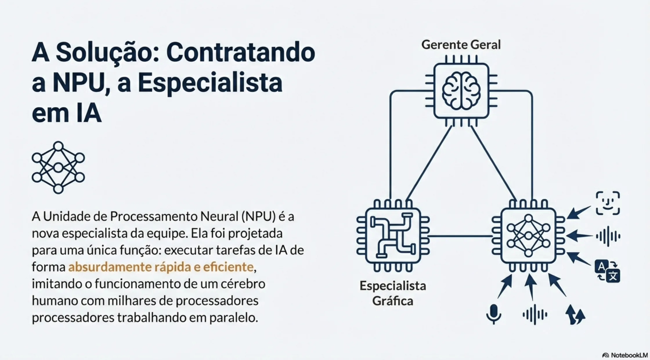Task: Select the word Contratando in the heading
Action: click(x=241, y=53)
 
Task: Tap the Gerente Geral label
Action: click(x=461, y=45)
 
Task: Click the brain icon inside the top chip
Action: click(x=461, y=91)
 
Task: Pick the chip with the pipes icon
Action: click(x=393, y=236)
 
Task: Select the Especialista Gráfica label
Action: click(x=393, y=293)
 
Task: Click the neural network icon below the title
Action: click(x=58, y=168)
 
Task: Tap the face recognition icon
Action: click(x=608, y=203)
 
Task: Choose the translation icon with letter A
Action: click(x=607, y=271)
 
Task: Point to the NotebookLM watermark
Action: click(x=625, y=355)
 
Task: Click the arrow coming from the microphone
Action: click(x=505, y=287)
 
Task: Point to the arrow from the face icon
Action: click(x=579, y=213)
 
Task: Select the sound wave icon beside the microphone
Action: click(x=535, y=314)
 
